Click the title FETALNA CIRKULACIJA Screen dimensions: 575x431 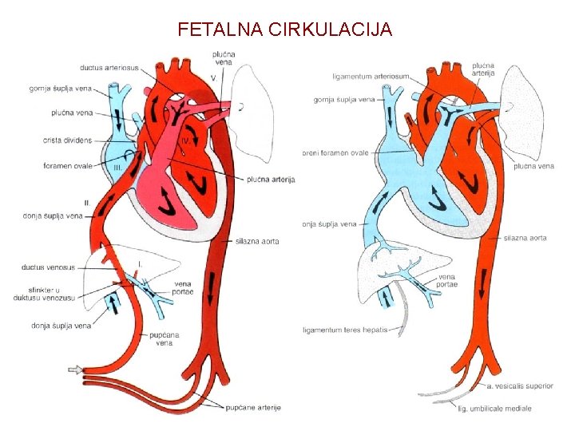pos(285,30)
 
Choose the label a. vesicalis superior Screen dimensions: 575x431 pos(520,386)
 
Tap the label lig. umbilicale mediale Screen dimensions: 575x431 pos(495,409)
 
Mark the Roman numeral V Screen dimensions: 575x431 pos(213,77)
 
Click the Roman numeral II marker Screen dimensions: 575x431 pos(86,204)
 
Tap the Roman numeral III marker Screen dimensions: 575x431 pos(117,168)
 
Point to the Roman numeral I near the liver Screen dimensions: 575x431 pos(141,262)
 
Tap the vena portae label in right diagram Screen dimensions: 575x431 pos(446,281)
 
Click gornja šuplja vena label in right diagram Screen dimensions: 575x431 pos(344,100)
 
